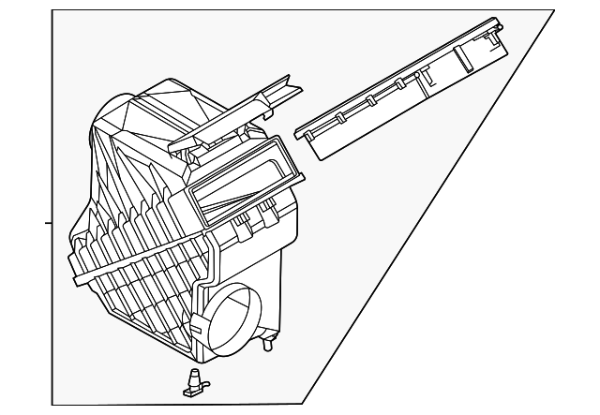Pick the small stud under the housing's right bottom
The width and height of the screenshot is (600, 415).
point(269,345)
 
